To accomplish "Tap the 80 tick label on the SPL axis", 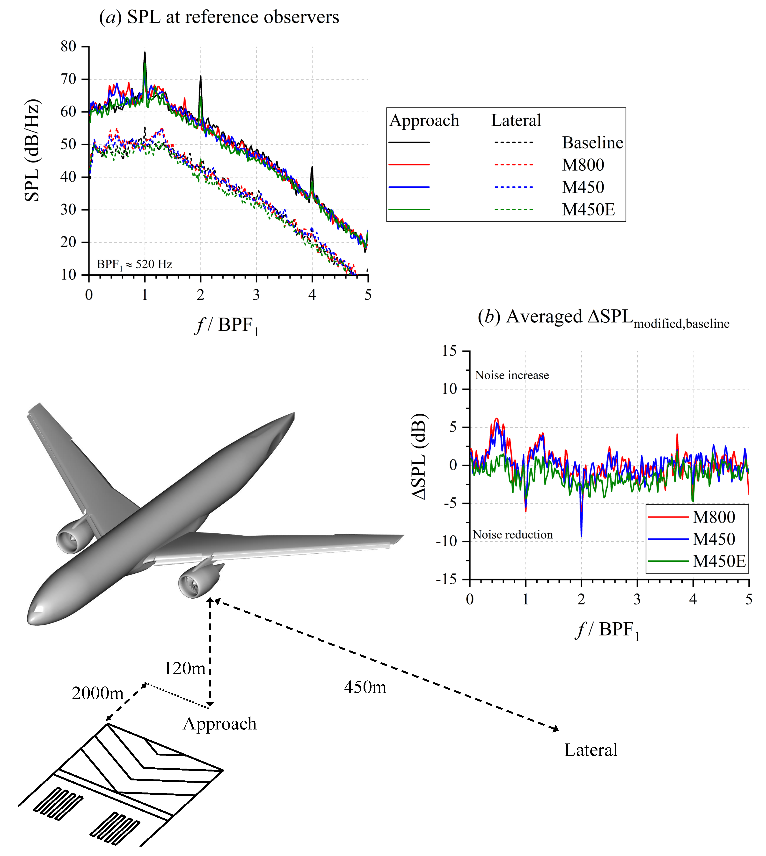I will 68,46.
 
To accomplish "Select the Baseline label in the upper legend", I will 592,143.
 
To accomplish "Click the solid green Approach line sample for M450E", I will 409,209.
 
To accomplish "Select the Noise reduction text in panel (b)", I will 513,535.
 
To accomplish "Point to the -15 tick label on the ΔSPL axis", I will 446,580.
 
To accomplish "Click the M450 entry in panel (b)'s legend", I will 714,539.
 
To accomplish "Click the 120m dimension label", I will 184,668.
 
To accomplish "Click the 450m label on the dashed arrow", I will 365,687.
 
